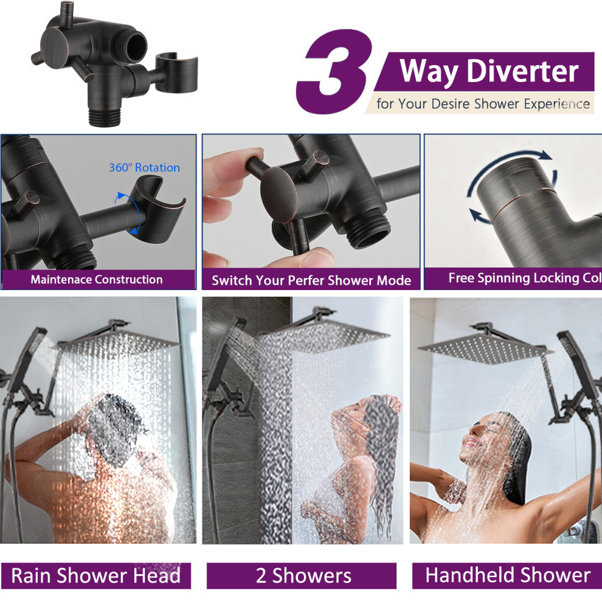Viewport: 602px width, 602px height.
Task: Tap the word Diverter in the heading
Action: pyautogui.click(x=522, y=71)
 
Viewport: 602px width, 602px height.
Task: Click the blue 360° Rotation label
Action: pyautogui.click(x=144, y=167)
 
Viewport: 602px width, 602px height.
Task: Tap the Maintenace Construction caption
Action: pyautogui.click(x=97, y=279)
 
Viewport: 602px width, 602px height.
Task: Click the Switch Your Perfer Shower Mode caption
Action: pyautogui.click(x=311, y=280)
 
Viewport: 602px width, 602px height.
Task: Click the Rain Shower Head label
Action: pyautogui.click(x=95, y=575)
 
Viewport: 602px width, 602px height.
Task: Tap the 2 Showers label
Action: pyautogui.click(x=303, y=575)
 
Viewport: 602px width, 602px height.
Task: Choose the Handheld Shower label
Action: pyautogui.click(x=508, y=575)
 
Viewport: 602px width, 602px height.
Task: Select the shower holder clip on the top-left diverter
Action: pyautogui.click(x=176, y=73)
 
